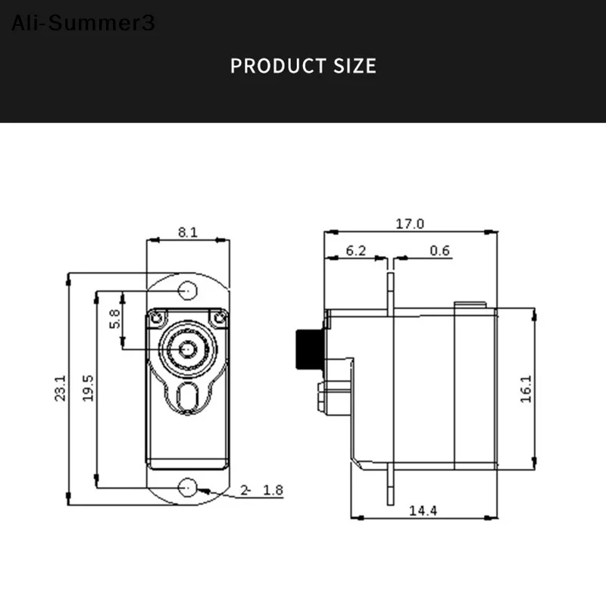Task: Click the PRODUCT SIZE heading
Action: [x=303, y=65]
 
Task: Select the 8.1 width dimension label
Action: [x=188, y=233]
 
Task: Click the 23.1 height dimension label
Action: [x=61, y=388]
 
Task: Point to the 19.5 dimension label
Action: [x=88, y=388]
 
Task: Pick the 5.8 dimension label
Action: [x=114, y=318]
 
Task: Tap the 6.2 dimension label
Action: [x=356, y=251]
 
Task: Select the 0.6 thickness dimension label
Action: [x=439, y=251]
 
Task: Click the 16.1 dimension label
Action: [x=526, y=388]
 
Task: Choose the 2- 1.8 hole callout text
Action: [x=261, y=490]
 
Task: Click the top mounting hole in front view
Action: [x=188, y=290]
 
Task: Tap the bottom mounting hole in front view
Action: [x=188, y=488]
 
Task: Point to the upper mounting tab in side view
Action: [x=390, y=292]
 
